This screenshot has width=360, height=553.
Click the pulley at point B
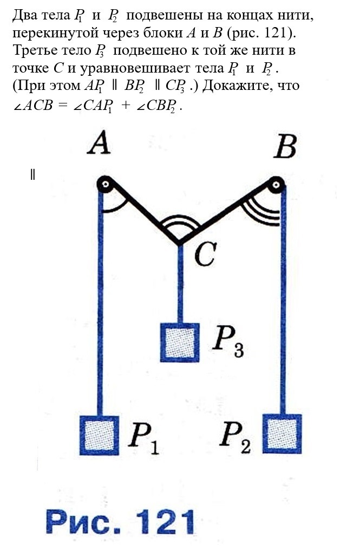277,185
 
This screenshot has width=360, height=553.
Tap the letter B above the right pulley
285,146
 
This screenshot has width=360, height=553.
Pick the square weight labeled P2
282,433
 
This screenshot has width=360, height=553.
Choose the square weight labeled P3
180,342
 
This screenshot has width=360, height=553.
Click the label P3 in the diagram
227,343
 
